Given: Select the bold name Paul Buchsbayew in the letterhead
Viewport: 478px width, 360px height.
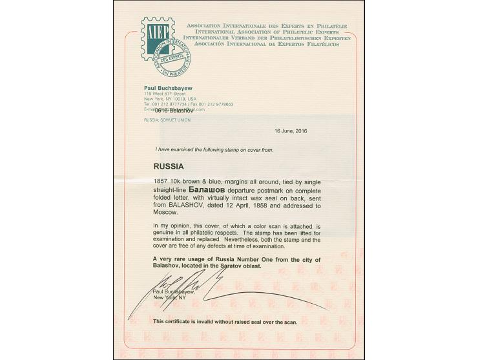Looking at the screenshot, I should coord(167,89).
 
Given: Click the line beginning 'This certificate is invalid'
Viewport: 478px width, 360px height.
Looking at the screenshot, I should coord(224,321).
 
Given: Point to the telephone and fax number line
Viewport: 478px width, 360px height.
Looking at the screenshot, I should coord(188,104).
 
